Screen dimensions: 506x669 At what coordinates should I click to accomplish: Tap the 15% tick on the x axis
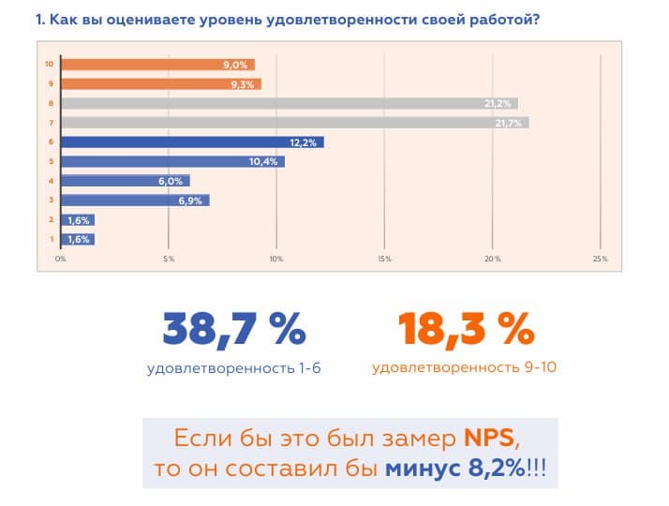tap(384, 259)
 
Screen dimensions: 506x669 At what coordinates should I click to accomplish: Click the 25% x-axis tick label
tap(600, 259)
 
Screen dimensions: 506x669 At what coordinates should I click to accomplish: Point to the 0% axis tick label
tap(61, 259)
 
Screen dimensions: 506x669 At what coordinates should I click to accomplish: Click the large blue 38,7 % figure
tap(234, 329)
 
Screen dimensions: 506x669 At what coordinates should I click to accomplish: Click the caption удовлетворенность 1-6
tap(234, 368)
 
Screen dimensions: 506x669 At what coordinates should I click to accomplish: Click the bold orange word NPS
tap(490, 439)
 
